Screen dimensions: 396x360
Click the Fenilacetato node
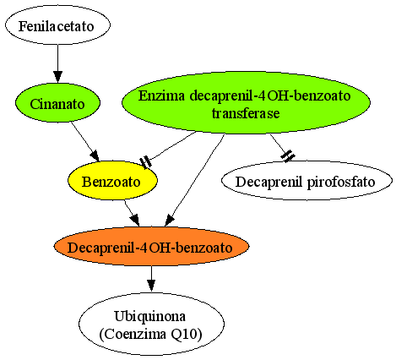tap(57, 25)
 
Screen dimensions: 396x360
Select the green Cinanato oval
tap(57, 103)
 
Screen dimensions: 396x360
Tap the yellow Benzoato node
tap(112, 181)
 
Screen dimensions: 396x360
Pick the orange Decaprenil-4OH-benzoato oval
tap(151, 247)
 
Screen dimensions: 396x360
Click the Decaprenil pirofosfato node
tap(306, 181)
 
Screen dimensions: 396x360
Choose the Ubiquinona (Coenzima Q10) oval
tap(151, 324)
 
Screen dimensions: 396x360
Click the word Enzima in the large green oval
tap(162, 95)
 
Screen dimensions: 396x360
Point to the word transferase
tap(246, 113)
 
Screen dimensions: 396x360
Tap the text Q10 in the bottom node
tap(187, 334)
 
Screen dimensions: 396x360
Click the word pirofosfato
tap(341, 182)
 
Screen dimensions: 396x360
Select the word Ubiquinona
tap(150, 316)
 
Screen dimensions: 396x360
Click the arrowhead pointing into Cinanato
tap(57, 77)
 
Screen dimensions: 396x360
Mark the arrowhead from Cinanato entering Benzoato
tap(95, 156)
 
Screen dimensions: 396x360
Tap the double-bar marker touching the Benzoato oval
tap(146, 162)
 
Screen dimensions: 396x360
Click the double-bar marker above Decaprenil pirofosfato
tap(288, 156)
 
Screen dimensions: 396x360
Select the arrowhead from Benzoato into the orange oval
tap(135, 221)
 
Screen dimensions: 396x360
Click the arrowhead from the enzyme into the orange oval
tap(169, 221)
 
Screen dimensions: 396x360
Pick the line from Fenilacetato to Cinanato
tap(57, 57)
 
